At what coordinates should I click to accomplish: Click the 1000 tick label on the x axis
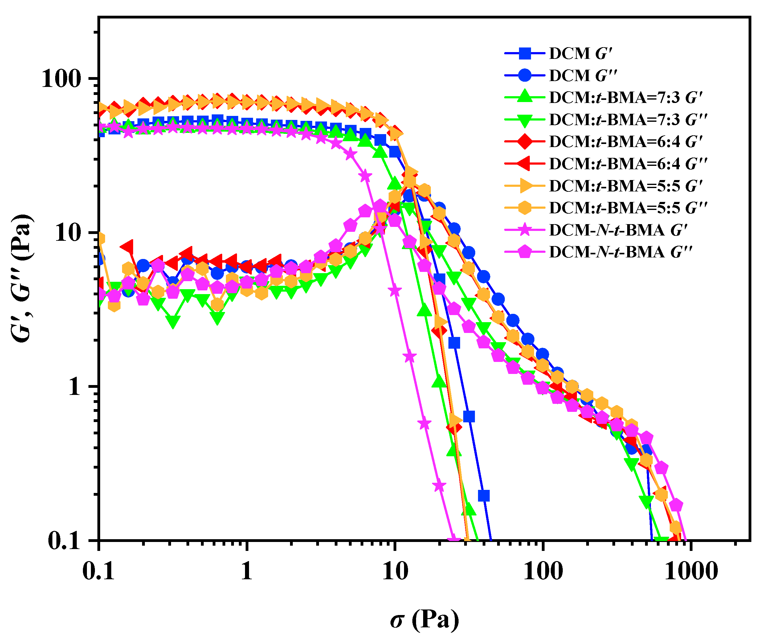tap(691, 572)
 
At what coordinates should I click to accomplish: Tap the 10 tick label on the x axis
tap(395, 572)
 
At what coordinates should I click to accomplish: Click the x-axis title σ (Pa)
tap(424, 619)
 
